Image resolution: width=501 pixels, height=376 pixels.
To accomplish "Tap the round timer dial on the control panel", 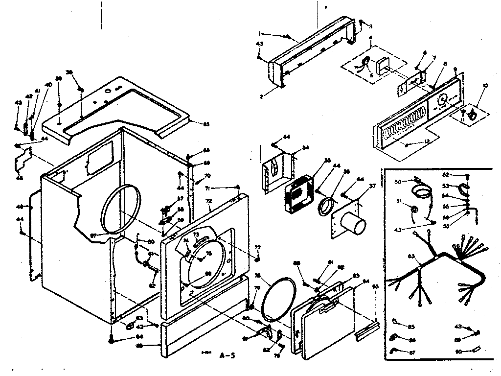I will point(442,100).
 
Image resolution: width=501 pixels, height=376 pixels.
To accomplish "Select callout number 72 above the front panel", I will point(209,201).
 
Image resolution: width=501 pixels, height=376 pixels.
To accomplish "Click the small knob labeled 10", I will point(473,115).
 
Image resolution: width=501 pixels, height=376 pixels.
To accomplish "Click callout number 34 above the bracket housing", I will point(305,147).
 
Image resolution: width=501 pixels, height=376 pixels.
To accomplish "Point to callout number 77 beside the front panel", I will point(257,247).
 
